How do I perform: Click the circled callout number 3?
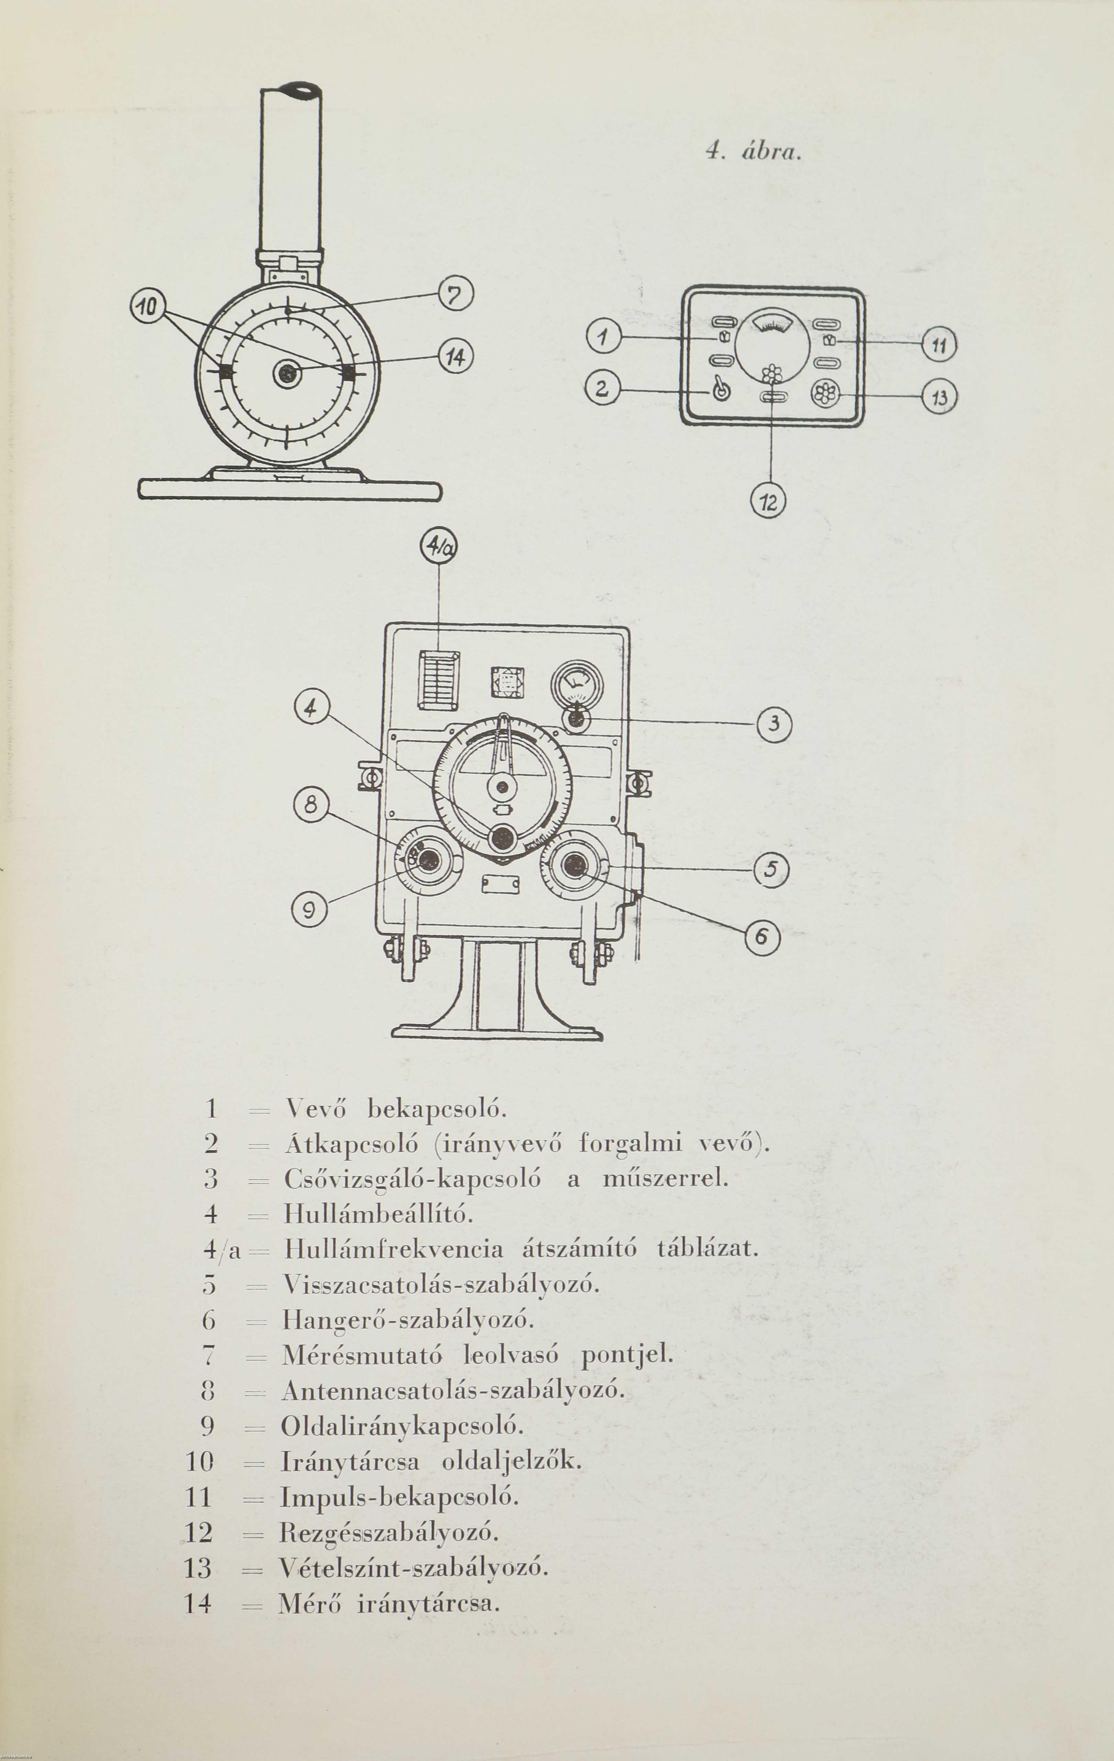tap(774, 724)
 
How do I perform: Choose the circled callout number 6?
tap(762, 936)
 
